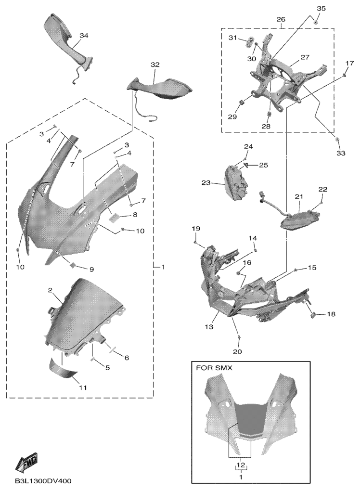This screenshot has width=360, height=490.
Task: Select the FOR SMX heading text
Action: tap(214, 368)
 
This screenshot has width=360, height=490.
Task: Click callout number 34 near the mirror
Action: tap(84, 36)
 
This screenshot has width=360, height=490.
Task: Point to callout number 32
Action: tap(155, 64)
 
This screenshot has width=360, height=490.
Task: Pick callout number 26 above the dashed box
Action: tap(281, 19)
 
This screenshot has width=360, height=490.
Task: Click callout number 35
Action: tap(321, 8)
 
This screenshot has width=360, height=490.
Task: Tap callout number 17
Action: tap(350, 63)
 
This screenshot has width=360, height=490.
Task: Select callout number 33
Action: tap(341, 153)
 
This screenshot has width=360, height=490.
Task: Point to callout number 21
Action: tap(299, 196)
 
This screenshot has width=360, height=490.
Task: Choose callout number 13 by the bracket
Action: tap(209, 327)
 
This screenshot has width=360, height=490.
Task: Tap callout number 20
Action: tap(237, 351)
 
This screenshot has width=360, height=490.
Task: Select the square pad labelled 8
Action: tap(114, 218)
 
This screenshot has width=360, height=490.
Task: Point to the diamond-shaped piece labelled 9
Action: tap(73, 265)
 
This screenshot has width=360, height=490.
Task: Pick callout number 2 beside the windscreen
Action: tap(50, 290)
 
